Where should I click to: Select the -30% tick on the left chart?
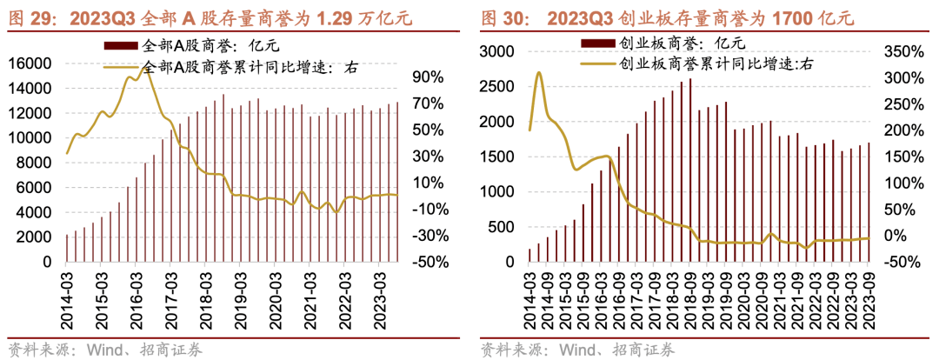click(x=428, y=236)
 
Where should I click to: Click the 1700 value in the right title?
click(x=774, y=17)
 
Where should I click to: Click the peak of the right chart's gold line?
click(x=539, y=73)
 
